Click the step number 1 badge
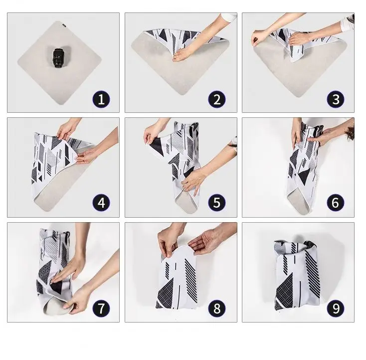[101, 99]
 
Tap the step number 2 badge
[217, 99]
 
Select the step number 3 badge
[336, 99]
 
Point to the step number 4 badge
[101, 203]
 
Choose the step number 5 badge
[217, 203]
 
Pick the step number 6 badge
[336, 203]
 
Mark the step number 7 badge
[101, 309]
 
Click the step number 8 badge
[217, 309]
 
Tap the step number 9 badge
[336, 309]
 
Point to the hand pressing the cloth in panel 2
[183, 55]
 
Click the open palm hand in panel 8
[205, 242]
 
